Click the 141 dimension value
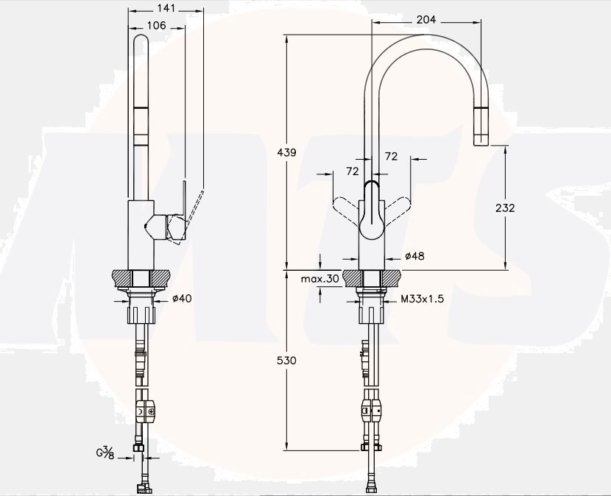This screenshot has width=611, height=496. [166, 8]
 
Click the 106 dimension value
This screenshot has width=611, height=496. [155, 25]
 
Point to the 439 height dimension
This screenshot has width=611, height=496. [287, 152]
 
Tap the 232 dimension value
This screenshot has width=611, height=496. [504, 208]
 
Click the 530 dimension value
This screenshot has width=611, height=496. [287, 361]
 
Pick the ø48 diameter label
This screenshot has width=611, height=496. [414, 256]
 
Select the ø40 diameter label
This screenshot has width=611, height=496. [181, 298]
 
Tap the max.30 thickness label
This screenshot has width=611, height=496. [319, 279]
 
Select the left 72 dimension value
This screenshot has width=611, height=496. [352, 171]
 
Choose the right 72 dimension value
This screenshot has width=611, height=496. [391, 156]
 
